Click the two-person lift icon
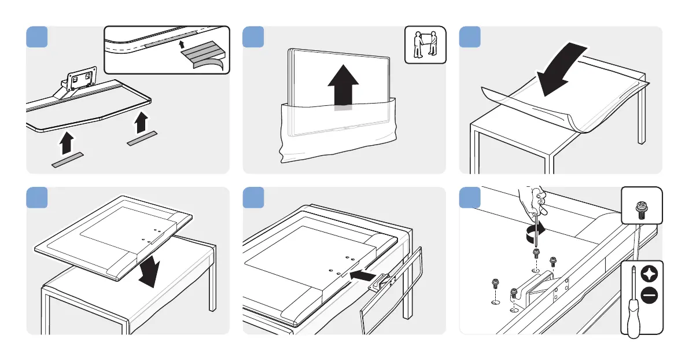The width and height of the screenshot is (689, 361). [425, 47]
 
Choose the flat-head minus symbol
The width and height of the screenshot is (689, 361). [650, 296]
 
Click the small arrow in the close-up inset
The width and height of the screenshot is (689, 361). [181, 43]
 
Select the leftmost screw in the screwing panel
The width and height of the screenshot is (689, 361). [495, 284]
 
